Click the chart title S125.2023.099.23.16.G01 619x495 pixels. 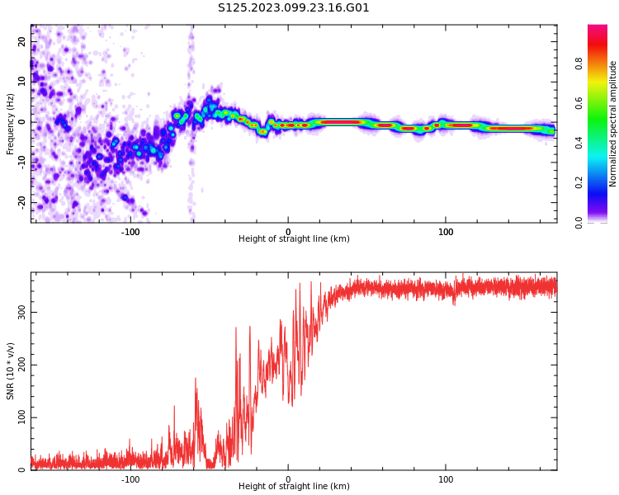tap(294, 8)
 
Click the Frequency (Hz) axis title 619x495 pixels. tap(11, 124)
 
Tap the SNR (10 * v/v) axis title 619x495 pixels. tap(11, 371)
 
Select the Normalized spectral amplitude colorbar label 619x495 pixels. tap(613, 124)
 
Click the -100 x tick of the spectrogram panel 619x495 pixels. tap(130, 231)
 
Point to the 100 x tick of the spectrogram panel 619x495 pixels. tap(446, 231)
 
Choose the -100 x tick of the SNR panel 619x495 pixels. tap(130, 478)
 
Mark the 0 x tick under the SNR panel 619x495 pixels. tap(288, 478)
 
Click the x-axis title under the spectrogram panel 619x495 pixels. tap(294, 239)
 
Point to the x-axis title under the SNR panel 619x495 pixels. tap(294, 487)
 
